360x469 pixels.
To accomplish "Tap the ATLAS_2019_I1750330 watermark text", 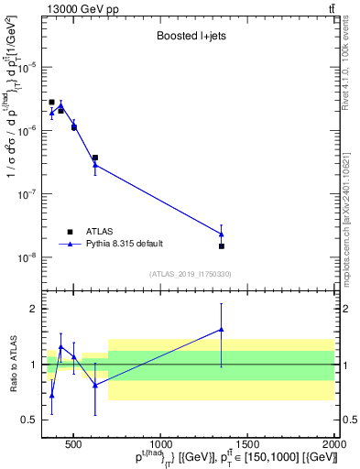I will pyautogui.click(x=190, y=274).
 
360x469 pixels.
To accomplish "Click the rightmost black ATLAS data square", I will pyautogui.click(x=222, y=245).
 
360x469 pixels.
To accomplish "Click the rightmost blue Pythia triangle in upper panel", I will pyautogui.click(x=222, y=234).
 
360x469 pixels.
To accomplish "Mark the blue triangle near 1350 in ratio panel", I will pyautogui.click(x=222, y=330).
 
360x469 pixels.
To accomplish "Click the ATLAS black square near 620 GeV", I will pyautogui.click(x=95, y=158).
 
